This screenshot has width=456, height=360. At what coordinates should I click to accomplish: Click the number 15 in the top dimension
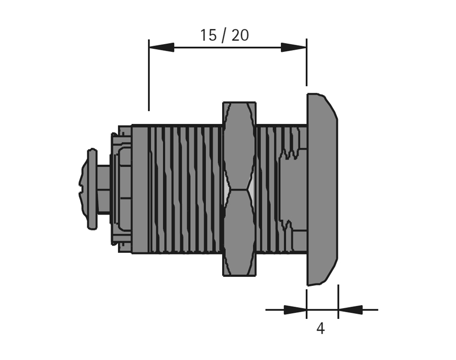(x=208, y=35)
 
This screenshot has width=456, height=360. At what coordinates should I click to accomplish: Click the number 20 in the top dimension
(x=240, y=35)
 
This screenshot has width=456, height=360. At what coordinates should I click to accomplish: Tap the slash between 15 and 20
(x=224, y=36)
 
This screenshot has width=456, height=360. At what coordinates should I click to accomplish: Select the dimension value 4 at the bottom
(x=321, y=329)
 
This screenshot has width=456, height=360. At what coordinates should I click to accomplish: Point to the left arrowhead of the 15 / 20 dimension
(x=161, y=47)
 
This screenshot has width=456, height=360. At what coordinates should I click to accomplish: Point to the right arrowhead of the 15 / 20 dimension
(x=294, y=47)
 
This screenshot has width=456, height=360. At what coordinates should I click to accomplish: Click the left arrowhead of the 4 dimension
(x=295, y=310)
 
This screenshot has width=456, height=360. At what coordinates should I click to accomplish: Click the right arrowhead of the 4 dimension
(x=350, y=310)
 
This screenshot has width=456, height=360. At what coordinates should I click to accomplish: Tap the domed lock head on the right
(x=322, y=189)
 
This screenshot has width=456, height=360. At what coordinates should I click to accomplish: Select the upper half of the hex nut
(x=239, y=146)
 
